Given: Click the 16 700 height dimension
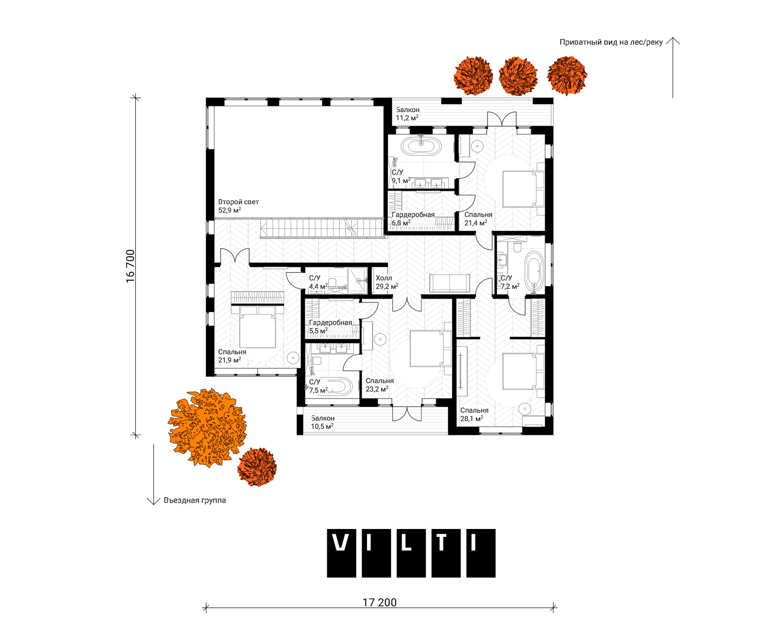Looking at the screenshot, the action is [130, 266].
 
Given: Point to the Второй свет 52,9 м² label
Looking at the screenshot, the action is [238, 206].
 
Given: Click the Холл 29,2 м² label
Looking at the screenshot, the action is [387, 282].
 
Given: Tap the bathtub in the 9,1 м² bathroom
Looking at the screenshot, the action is [421, 146].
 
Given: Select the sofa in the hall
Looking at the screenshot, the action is [450, 283].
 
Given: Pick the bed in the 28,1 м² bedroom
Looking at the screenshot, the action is [523, 371].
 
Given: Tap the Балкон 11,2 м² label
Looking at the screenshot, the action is [407, 114].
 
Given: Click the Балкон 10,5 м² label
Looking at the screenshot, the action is [322, 422].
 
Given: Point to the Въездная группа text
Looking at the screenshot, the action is [194, 500].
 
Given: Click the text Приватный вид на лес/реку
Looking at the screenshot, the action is [611, 42].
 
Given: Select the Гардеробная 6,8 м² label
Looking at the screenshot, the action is [413, 219].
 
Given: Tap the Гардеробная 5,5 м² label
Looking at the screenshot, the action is [330, 326].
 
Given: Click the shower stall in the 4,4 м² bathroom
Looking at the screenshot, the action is [357, 280].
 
